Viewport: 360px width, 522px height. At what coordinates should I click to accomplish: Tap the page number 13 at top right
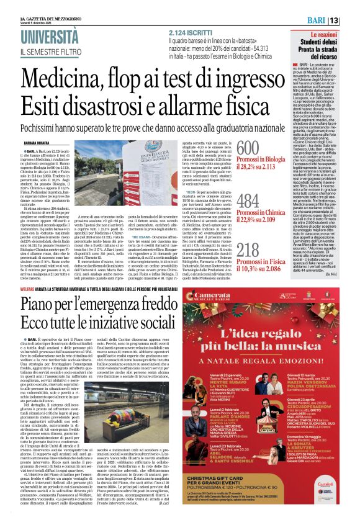point(351,21)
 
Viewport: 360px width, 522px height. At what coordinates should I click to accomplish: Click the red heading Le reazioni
point(333,37)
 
